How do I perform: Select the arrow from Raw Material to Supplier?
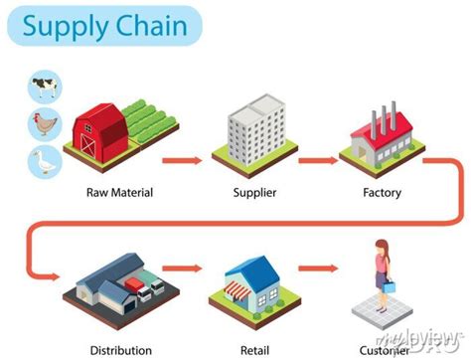pyautogui.click(x=184, y=157)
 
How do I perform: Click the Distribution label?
pyautogui.click(x=120, y=349)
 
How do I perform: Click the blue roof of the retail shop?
pyautogui.click(x=253, y=269)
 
